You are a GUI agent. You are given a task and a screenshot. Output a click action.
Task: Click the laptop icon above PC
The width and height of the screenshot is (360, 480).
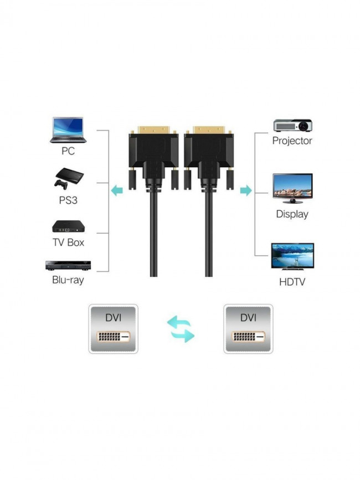(68, 130)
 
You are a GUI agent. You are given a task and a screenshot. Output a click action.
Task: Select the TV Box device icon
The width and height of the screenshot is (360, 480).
(68, 226)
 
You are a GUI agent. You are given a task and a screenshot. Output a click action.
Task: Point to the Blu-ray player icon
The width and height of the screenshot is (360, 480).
(68, 265)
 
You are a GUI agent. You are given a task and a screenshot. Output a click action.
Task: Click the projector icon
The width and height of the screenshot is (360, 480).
(292, 124)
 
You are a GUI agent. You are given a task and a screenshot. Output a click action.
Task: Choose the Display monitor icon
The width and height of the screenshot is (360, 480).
(292, 189)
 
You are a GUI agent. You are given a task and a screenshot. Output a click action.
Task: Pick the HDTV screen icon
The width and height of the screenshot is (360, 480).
(292, 256)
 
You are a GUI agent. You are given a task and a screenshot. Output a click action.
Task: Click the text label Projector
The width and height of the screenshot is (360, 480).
(292, 141)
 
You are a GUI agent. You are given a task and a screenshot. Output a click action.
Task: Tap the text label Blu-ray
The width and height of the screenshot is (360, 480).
(68, 280)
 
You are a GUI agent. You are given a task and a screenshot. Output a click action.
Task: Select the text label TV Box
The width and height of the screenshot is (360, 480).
(68, 242)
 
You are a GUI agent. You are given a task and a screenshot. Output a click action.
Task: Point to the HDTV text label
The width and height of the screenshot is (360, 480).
(292, 282)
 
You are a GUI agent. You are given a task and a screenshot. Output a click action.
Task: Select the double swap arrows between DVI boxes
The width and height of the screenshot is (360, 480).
(181, 329)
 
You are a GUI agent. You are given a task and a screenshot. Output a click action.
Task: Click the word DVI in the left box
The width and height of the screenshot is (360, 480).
(113, 318)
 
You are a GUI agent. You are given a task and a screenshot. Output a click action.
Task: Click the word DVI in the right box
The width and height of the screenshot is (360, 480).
(248, 318)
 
